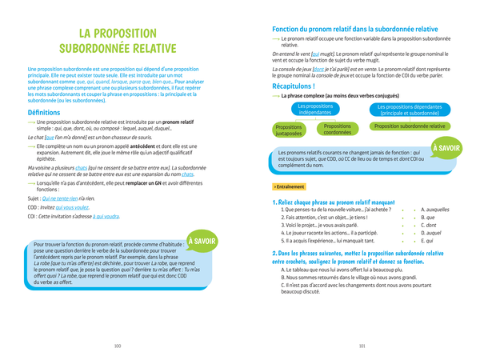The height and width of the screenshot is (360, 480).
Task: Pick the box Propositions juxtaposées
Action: (x=288, y=130)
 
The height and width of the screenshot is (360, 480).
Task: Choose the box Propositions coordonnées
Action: (x=338, y=130)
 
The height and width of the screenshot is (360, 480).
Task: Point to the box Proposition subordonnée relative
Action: (x=410, y=126)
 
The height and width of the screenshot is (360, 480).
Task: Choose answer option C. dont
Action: (x=428, y=225)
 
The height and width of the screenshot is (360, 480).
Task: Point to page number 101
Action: (x=362, y=346)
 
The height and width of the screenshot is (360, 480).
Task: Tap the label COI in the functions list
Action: (x=34, y=216)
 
